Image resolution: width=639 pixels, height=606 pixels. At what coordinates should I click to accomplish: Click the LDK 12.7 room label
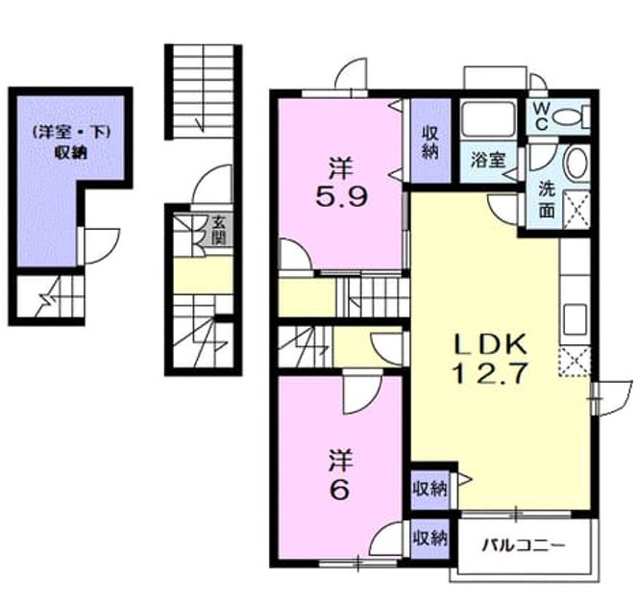tap(490, 359)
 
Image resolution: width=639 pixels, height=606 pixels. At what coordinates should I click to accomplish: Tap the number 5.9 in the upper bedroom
tap(341, 197)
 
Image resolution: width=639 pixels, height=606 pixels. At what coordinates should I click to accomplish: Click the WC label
tap(542, 115)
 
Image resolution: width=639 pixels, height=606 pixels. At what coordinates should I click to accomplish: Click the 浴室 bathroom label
tap(488, 160)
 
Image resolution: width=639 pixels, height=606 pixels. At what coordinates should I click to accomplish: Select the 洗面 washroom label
tap(547, 200)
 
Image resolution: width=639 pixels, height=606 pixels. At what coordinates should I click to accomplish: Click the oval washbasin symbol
tap(577, 163)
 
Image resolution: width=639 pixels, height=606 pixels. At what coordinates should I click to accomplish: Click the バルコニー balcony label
tap(524, 544)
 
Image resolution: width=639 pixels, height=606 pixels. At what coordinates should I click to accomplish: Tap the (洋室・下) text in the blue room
tap(72, 133)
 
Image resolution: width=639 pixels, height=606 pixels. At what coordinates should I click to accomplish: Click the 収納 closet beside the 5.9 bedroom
tap(430, 142)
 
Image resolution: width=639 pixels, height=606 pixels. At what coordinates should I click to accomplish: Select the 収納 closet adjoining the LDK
tap(430, 489)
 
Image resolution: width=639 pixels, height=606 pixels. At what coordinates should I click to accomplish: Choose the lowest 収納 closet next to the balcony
tap(430, 539)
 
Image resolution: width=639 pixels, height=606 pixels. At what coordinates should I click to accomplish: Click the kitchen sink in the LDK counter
tap(575, 319)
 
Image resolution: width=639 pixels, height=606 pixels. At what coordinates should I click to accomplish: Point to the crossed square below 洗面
tap(576, 210)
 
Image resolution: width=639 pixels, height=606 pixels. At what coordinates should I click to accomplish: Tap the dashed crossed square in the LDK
tap(575, 362)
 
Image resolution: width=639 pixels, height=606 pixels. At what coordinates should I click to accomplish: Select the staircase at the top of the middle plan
tap(204, 90)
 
